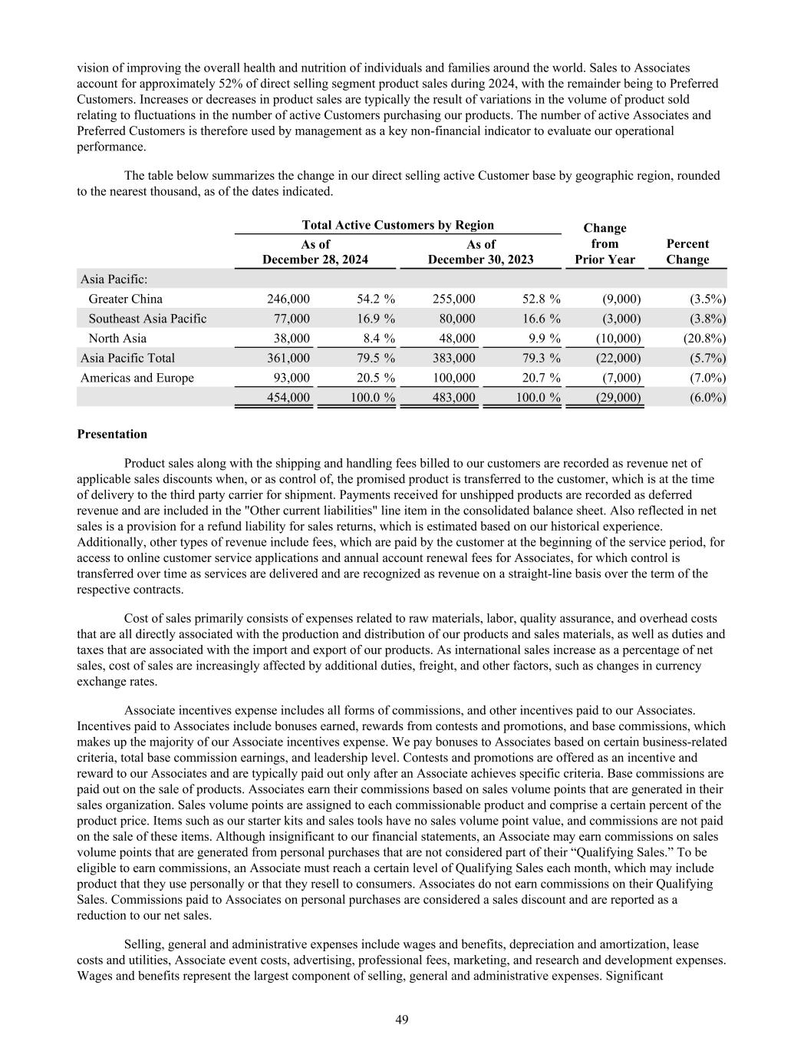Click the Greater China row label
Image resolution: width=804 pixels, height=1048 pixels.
(125, 299)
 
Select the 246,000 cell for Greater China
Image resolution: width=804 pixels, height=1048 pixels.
(288, 299)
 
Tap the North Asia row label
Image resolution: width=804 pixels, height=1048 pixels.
(117, 339)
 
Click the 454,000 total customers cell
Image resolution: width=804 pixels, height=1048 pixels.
(288, 398)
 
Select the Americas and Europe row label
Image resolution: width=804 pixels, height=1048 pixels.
(137, 378)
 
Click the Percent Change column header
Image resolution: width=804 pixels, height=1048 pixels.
(687, 252)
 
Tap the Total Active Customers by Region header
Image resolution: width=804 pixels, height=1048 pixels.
(397, 225)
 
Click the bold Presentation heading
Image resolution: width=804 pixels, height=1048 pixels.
(112, 435)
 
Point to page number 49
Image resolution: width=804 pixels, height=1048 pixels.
(402, 1020)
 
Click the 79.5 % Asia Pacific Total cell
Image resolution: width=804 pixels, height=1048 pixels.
(376, 359)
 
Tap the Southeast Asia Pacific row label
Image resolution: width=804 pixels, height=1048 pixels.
(147, 319)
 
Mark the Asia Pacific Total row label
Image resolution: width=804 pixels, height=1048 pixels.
(127, 359)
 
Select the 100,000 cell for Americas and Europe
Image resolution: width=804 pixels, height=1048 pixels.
(453, 378)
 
